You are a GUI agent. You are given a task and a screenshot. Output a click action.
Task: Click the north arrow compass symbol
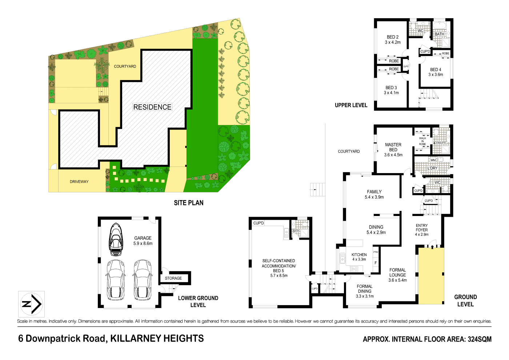coord(31,304)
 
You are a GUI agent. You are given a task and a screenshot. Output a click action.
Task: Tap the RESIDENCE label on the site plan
coord(152,107)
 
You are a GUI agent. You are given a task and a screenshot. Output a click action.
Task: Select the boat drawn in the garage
coord(116,240)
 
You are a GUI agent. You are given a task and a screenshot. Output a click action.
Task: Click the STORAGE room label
coord(173,278)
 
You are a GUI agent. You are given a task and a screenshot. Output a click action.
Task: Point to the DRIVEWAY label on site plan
coord(79,181)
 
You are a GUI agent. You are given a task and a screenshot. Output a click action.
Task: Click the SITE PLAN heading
coord(188,203)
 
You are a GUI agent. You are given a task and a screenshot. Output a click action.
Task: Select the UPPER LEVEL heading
coord(351,105)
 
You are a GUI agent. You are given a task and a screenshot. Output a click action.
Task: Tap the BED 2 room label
coord(393,37)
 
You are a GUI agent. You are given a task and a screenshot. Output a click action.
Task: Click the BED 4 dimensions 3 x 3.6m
coord(436,75)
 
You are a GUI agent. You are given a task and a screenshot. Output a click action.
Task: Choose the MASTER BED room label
coord(393,147)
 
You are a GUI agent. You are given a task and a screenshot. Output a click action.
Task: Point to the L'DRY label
coord(432,168)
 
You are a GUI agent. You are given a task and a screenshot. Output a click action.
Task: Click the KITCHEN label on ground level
coord(359,255)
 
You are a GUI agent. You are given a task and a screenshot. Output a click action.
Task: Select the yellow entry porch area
coord(431,276)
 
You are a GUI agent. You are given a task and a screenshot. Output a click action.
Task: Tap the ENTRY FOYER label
coord(422,228)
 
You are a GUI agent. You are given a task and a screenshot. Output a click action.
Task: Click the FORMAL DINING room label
coord(364,289)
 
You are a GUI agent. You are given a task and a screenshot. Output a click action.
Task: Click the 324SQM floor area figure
coord(479,339)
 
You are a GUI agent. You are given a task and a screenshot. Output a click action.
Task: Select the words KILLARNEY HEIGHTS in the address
coord(157,339)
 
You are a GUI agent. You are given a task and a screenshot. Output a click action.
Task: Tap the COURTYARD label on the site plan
coord(125,66)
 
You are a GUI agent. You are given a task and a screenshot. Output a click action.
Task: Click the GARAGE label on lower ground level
coord(143,238)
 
